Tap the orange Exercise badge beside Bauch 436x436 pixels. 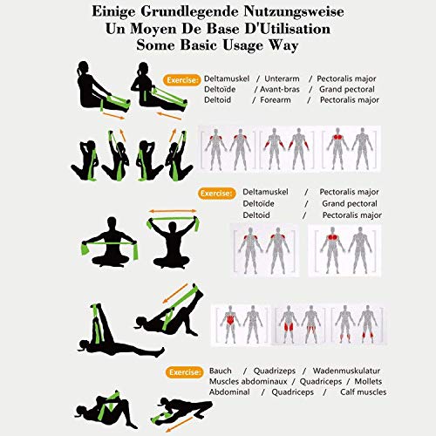pyautogui.click(x=183, y=371)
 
